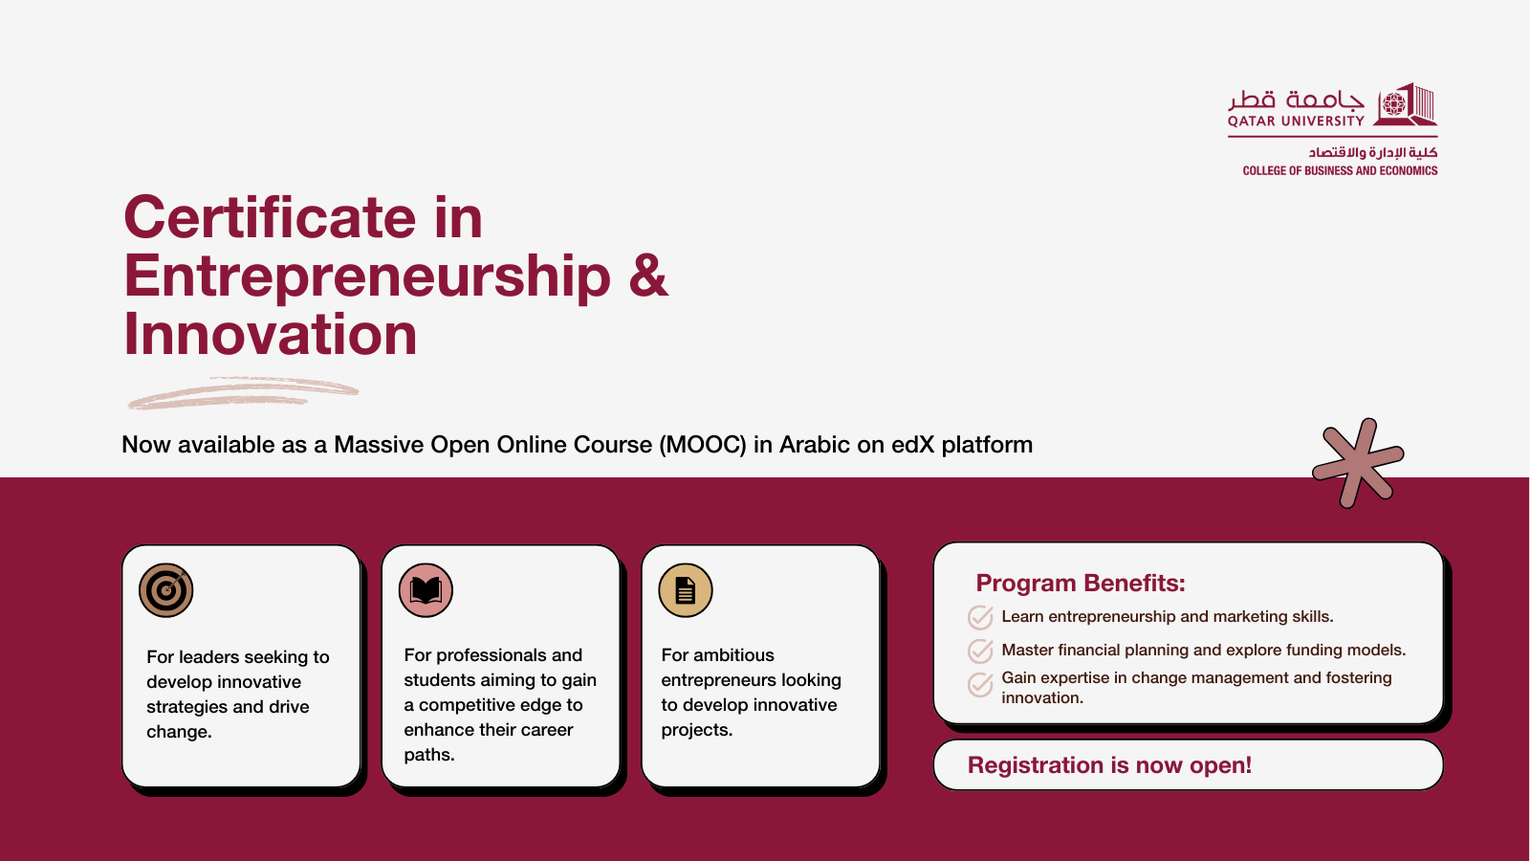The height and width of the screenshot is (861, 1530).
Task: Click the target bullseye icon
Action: pyautogui.click(x=166, y=590)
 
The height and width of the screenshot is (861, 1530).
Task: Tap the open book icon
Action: pyautogui.click(x=426, y=590)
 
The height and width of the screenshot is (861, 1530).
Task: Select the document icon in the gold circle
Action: pyautogui.click(x=685, y=590)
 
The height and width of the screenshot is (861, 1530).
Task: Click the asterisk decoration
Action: pyautogui.click(x=1358, y=463)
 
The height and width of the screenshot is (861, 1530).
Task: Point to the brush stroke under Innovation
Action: pyautogui.click(x=243, y=393)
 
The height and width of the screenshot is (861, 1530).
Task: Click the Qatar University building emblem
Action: pyautogui.click(x=1406, y=104)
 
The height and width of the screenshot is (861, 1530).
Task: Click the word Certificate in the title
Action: pyautogui.click(x=270, y=217)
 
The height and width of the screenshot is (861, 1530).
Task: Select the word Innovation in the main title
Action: pyautogui.click(x=271, y=334)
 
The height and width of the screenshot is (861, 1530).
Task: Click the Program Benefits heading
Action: pyautogui.click(x=1080, y=583)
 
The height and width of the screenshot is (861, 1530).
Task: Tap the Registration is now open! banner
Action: pyautogui.click(x=1189, y=764)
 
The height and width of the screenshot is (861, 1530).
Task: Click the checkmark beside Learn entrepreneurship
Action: pyautogui.click(x=980, y=617)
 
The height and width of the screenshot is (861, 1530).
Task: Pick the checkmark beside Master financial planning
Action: pyautogui.click(x=980, y=651)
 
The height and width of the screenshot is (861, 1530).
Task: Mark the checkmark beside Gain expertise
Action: pyautogui.click(x=980, y=684)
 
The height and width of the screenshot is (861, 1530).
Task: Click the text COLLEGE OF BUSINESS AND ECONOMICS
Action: pyautogui.click(x=1340, y=171)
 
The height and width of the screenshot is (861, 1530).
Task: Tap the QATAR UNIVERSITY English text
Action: pyautogui.click(x=1296, y=121)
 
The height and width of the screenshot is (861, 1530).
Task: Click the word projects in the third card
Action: pyautogui.click(x=697, y=731)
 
